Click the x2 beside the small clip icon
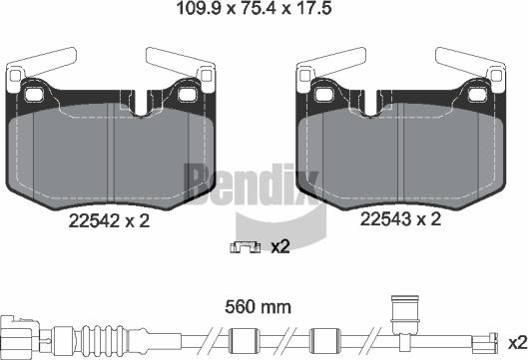point(280,246)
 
